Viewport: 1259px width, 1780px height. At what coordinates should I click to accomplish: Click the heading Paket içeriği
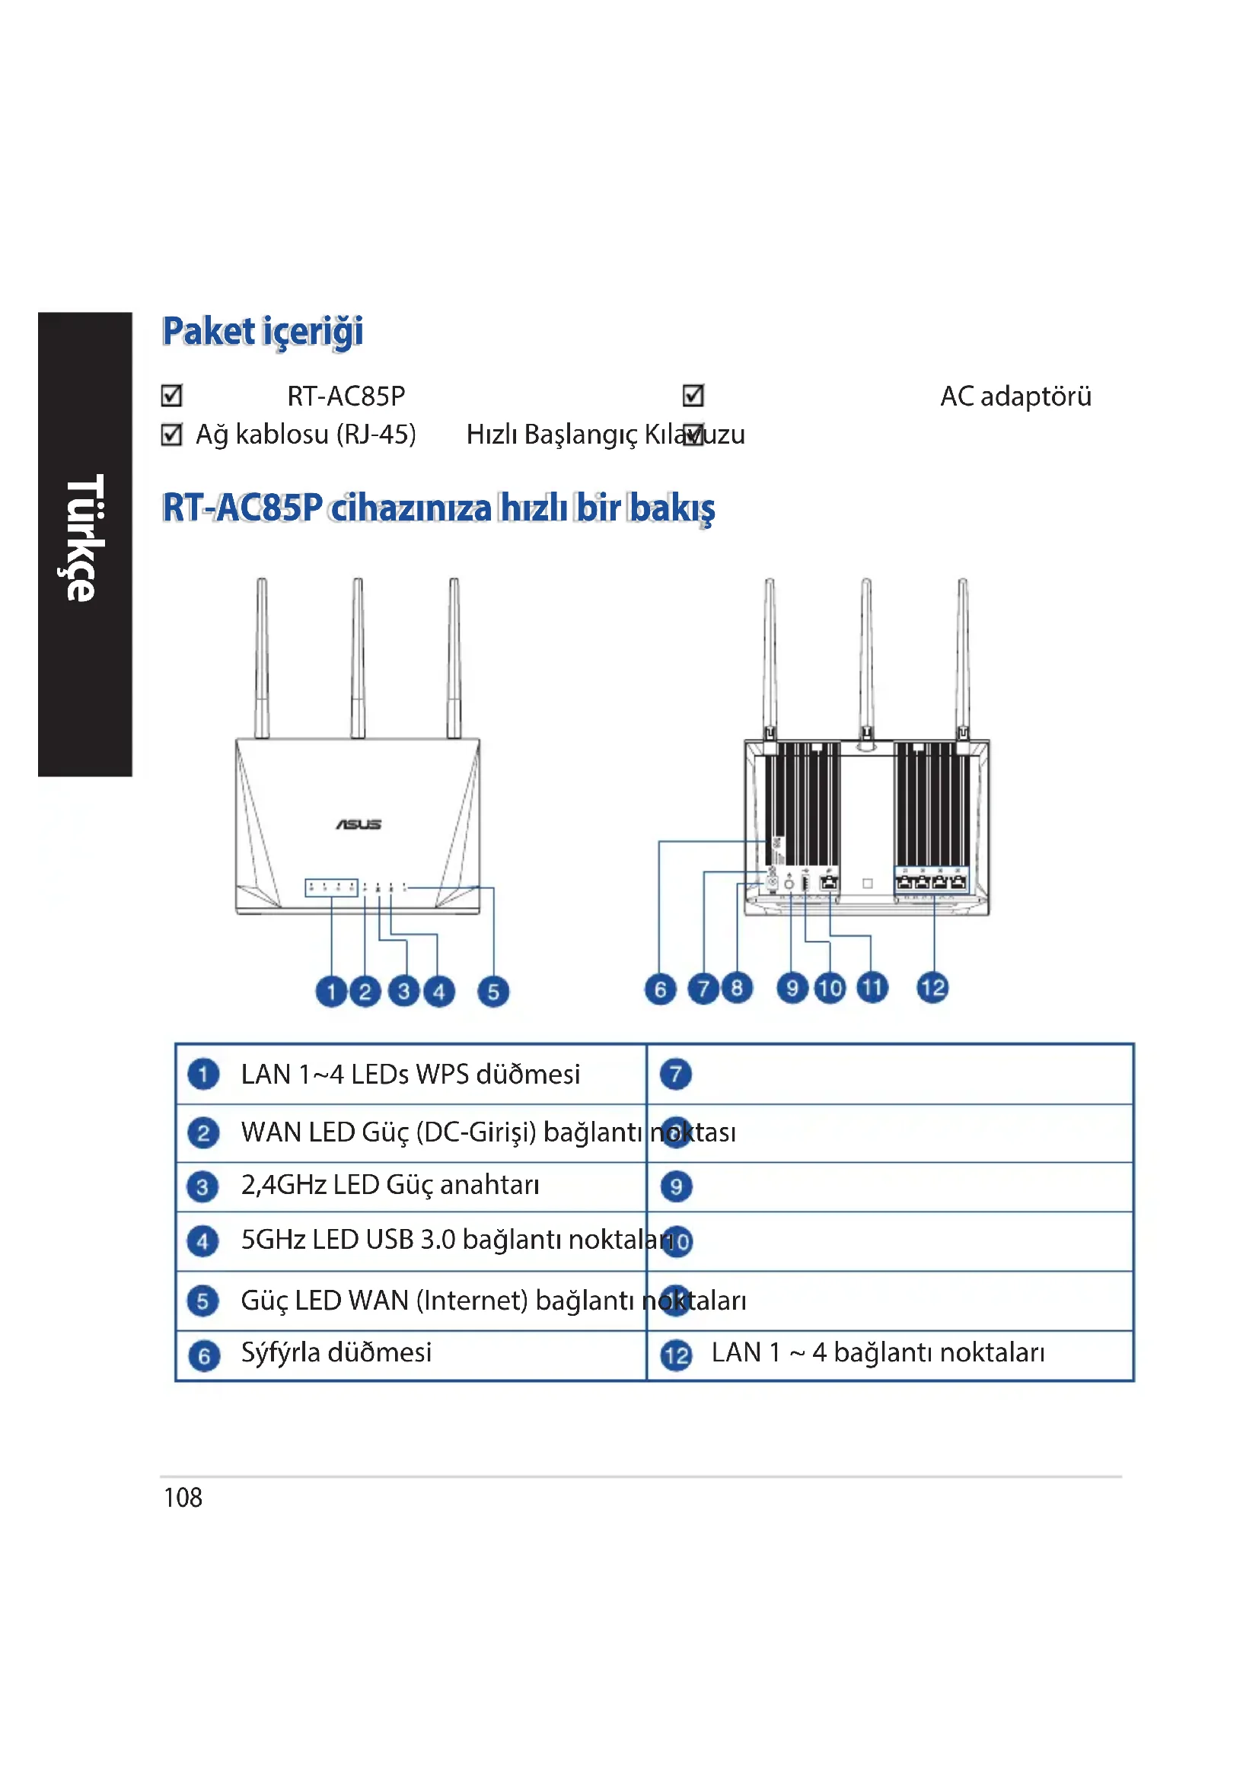(x=262, y=332)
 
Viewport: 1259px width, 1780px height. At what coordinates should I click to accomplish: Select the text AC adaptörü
(x=1015, y=396)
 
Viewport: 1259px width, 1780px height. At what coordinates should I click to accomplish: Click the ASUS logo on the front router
(x=359, y=824)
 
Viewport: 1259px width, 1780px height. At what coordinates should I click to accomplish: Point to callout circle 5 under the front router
(x=493, y=992)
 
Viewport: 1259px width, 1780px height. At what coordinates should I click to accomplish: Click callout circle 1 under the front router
(x=331, y=992)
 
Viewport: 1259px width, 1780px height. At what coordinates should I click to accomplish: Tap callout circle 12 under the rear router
(x=932, y=988)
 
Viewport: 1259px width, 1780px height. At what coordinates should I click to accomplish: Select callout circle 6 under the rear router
(x=660, y=989)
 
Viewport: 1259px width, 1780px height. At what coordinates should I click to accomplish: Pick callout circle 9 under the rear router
(x=792, y=989)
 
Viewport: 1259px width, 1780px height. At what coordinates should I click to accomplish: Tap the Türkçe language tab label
(x=84, y=538)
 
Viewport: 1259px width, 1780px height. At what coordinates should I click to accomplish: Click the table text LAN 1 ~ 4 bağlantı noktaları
(x=878, y=1353)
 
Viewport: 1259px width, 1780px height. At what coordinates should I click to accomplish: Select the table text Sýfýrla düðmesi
(x=336, y=1353)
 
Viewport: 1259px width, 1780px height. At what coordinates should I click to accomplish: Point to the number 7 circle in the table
(x=675, y=1075)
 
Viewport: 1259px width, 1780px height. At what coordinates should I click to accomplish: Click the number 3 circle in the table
(x=202, y=1187)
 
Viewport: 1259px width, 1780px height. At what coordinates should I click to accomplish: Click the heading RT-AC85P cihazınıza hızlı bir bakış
(x=438, y=508)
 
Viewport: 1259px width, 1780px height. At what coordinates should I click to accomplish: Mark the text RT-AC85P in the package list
(x=346, y=396)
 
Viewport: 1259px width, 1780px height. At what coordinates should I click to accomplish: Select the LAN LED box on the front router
(x=331, y=887)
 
